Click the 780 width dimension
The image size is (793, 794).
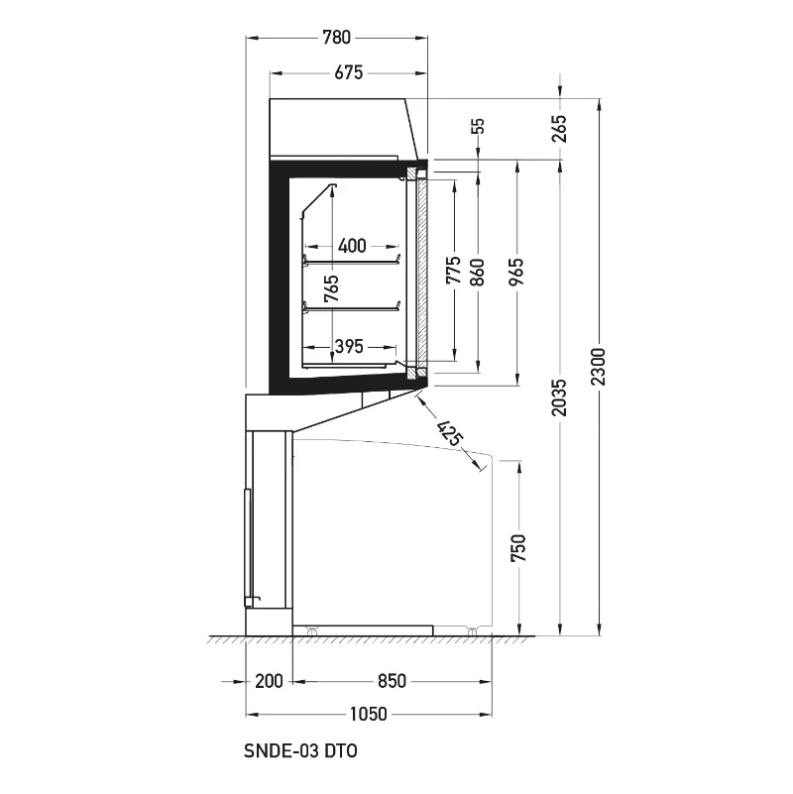[336, 38]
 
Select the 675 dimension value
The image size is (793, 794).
[348, 73]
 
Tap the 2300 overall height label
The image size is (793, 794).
[599, 367]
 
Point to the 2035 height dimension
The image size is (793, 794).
[559, 397]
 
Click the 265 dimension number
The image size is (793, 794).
[559, 129]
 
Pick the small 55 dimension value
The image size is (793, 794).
[478, 126]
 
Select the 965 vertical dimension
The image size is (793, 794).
[516, 272]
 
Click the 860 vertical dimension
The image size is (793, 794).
[477, 272]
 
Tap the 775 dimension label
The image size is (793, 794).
[454, 270]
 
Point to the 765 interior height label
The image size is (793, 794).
[332, 288]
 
